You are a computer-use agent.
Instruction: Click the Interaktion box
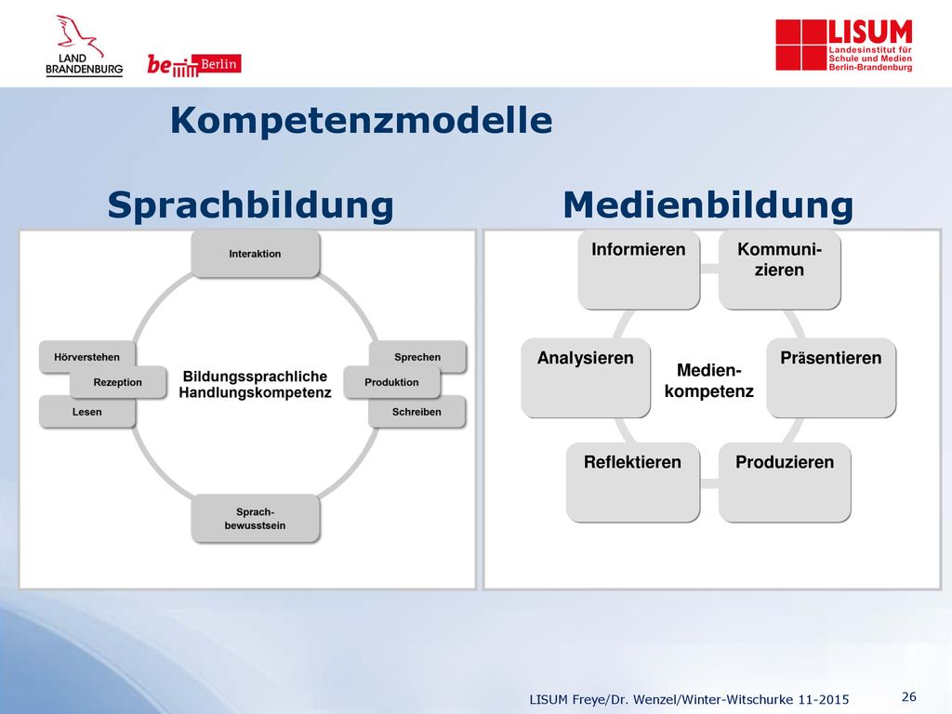[x=255, y=254]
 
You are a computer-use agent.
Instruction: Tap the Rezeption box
[x=118, y=382]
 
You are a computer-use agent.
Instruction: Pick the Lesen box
[x=86, y=412]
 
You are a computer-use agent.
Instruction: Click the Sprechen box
[x=417, y=356]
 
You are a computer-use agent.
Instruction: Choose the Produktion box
[x=391, y=382]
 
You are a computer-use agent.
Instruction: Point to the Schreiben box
[x=417, y=412]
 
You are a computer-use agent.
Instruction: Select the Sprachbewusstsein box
[x=255, y=519]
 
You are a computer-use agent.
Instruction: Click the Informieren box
[x=639, y=270]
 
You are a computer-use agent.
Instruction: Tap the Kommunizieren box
[x=780, y=270]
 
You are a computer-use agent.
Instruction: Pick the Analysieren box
[x=586, y=377]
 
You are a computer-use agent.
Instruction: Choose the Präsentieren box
[x=831, y=377]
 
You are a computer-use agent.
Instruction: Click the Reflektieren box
[x=632, y=483]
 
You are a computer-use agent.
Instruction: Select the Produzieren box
[x=785, y=483]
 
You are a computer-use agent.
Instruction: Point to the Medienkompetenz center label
[x=709, y=380]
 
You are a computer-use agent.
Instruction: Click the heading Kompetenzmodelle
[x=362, y=120]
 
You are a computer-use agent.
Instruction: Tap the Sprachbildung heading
[x=251, y=205]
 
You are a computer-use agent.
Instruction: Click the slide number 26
[x=909, y=696]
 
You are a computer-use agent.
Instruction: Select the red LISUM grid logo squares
[x=801, y=45]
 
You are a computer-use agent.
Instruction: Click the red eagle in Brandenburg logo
[x=78, y=34]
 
